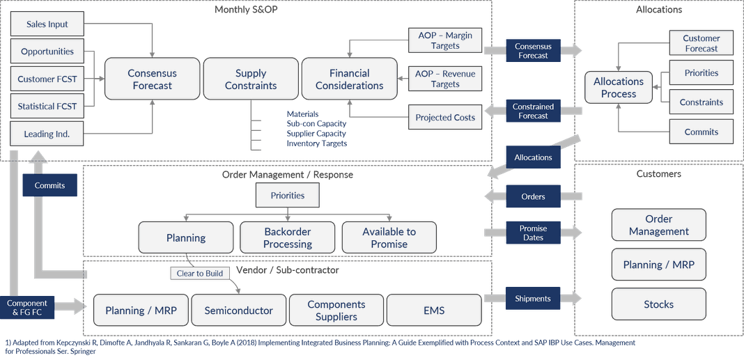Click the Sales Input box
47,24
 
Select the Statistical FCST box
47,107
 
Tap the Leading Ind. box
47,134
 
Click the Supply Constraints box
251,79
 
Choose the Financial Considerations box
349,79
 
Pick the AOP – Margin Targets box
445,40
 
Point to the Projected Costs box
445,118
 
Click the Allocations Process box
619,88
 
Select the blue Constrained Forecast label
533,111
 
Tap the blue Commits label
49,185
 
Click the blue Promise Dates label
533,233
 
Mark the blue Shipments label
533,299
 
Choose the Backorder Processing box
288,237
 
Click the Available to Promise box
389,237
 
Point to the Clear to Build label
200,273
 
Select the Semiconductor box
238,311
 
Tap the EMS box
434,311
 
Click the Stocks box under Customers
658,304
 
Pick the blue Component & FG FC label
27,308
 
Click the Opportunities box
47,52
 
